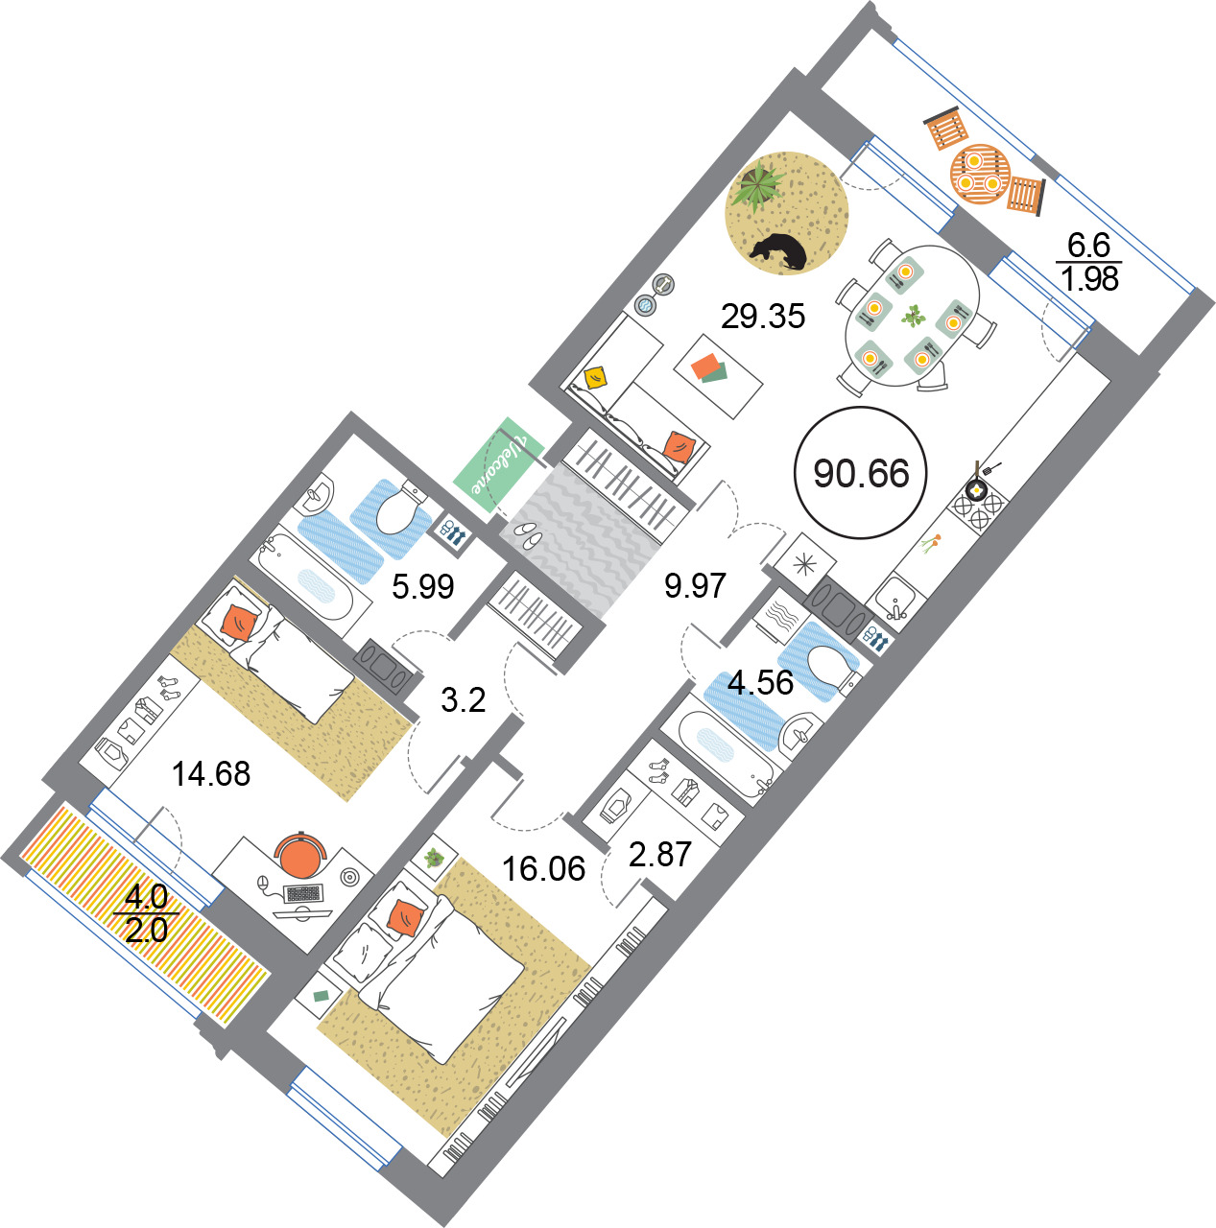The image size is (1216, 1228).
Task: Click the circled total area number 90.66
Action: tap(861, 474)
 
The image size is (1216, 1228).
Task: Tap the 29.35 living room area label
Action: tap(763, 316)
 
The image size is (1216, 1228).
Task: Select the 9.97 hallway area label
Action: tap(695, 585)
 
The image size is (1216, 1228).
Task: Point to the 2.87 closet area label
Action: tap(660, 855)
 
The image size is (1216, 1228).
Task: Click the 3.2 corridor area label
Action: tap(464, 700)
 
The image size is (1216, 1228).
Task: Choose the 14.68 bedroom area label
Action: tap(211, 774)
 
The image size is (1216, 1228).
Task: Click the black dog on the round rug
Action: tap(779, 251)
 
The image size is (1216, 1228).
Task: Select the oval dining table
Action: tap(912, 316)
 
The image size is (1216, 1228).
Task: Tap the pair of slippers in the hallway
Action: tap(528, 534)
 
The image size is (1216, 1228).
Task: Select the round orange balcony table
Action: tap(980, 174)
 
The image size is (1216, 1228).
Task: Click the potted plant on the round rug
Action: tap(759, 185)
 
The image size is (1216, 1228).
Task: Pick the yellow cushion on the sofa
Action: tap(596, 378)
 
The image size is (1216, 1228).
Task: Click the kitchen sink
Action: tap(895, 598)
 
